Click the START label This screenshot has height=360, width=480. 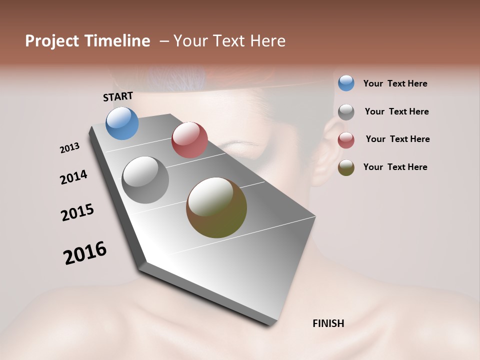click(x=118, y=96)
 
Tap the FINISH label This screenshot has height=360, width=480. click(x=328, y=323)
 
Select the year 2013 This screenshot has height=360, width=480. click(x=69, y=148)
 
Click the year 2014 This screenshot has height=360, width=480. click(x=73, y=177)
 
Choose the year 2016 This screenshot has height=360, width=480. click(x=85, y=253)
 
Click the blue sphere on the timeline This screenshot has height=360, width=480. click(x=122, y=123)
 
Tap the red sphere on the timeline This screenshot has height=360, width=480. click(x=189, y=140)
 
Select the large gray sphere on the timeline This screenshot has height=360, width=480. click(x=145, y=180)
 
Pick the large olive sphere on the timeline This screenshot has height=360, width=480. click(x=216, y=207)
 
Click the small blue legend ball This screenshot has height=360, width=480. click(x=346, y=83)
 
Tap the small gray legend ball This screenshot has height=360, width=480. click(x=346, y=111)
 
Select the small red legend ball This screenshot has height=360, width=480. click(x=346, y=139)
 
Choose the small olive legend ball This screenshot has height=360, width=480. click(x=346, y=167)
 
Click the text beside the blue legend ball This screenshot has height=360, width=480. click(x=395, y=83)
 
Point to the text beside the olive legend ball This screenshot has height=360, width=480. click(x=395, y=167)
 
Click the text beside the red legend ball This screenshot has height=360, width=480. click(x=397, y=139)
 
